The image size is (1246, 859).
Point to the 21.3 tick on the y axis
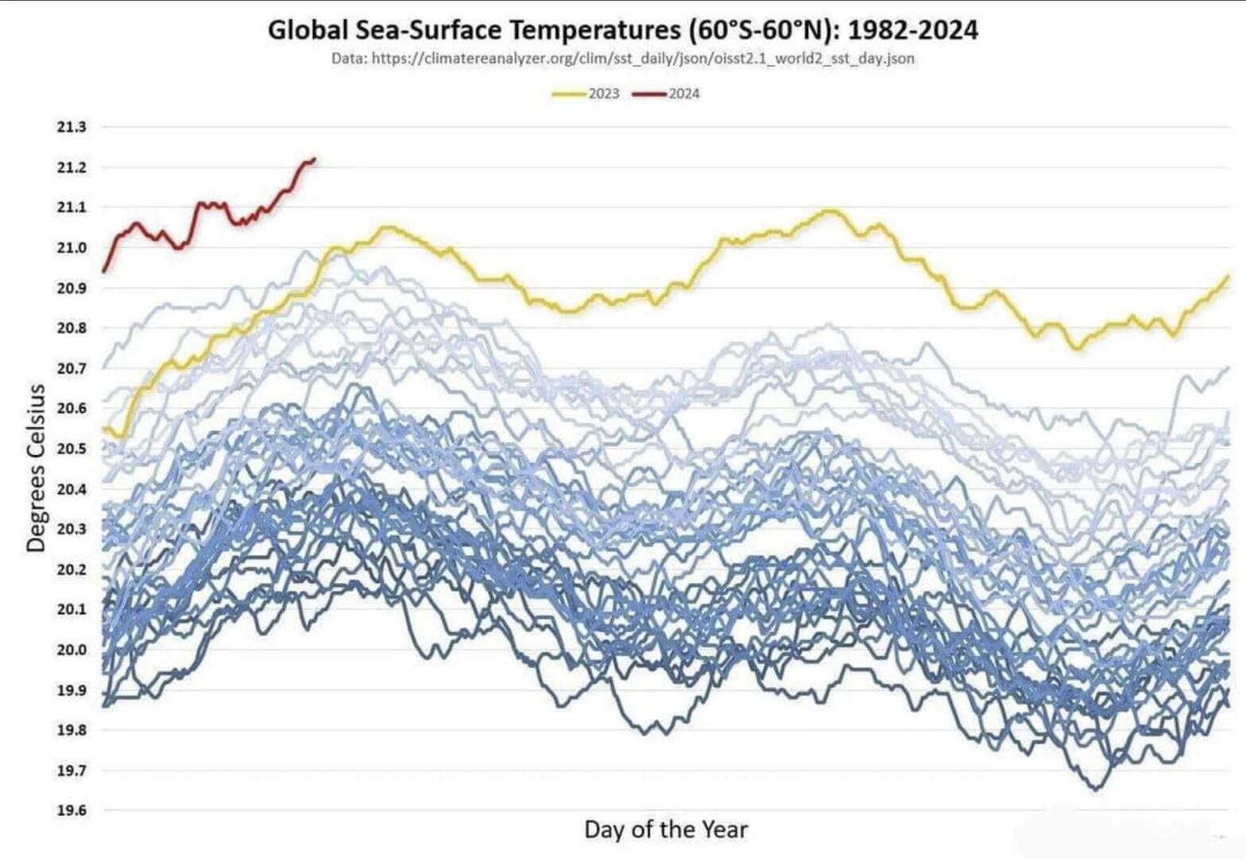tap(71, 127)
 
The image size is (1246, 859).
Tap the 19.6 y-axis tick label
tap(71, 810)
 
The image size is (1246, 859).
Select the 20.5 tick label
tap(71, 449)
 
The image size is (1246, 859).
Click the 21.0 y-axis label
tap(71, 247)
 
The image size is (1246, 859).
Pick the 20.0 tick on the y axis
tap(71, 650)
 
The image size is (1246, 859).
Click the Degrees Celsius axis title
tap(36, 468)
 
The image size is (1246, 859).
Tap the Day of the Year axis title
tap(666, 830)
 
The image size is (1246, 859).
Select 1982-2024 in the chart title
tap(913, 30)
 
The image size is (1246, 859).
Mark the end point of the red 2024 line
tap(314, 159)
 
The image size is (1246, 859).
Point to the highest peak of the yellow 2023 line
tap(830, 211)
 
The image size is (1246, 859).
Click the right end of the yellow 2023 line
tap(1228, 276)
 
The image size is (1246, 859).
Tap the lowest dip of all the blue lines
tap(1096, 789)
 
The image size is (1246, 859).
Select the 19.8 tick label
tap(71, 730)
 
